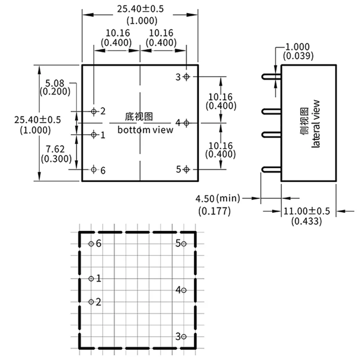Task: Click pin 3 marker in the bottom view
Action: click(x=186, y=77)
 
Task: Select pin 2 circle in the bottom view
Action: click(x=94, y=111)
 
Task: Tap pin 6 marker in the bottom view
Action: click(x=94, y=169)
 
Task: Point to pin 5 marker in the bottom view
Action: click(x=186, y=169)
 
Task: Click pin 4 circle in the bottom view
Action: click(x=186, y=123)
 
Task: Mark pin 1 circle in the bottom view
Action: click(x=94, y=134)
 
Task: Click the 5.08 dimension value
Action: click(x=55, y=83)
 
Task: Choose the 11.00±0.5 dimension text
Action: click(x=307, y=212)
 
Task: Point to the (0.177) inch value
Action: click(x=214, y=211)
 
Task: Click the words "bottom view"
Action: click(x=145, y=130)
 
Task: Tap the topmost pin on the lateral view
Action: click(x=271, y=76)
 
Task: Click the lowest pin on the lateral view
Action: click(x=271, y=170)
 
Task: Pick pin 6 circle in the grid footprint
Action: click(x=91, y=244)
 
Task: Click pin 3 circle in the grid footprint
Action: click(x=183, y=337)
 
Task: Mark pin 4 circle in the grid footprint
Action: click(x=183, y=290)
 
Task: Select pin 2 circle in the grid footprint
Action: click(x=91, y=302)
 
